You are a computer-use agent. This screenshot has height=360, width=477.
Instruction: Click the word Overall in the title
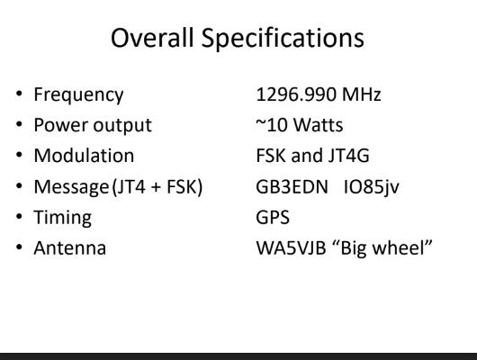click(152, 38)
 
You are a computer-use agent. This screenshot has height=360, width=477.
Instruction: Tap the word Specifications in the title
click(283, 40)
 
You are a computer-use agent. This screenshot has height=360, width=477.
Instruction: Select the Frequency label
click(78, 95)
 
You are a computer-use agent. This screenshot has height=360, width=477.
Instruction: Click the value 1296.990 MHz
click(319, 94)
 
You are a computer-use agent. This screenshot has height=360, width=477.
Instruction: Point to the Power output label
click(93, 126)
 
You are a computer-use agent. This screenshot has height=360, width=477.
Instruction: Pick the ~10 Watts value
click(300, 125)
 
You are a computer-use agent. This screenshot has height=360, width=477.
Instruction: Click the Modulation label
click(84, 156)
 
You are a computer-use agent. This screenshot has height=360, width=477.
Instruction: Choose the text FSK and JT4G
click(312, 156)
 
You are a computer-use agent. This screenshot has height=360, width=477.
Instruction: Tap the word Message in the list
click(71, 187)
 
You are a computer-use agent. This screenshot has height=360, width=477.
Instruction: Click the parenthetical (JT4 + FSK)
click(157, 187)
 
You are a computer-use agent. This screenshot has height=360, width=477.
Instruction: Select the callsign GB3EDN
click(292, 186)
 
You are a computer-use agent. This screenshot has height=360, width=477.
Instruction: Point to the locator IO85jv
click(371, 187)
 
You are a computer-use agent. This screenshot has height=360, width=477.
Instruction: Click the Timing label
click(63, 218)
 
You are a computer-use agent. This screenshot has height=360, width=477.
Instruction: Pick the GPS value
click(273, 217)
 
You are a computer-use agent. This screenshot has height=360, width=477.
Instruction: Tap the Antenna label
click(70, 248)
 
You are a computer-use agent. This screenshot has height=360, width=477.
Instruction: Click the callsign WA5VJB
click(291, 248)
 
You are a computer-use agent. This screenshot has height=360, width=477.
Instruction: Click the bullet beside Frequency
click(19, 94)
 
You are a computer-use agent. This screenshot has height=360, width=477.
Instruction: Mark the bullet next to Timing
click(19, 217)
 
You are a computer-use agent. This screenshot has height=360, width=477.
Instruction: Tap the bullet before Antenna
click(19, 247)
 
